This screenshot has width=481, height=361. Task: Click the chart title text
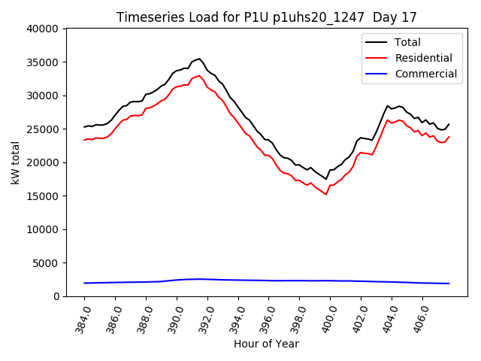click(x=266, y=17)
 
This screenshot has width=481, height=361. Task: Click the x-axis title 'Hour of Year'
click(x=266, y=344)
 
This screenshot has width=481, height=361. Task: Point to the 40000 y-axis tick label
click(x=43, y=29)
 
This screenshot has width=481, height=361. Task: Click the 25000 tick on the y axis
click(x=43, y=129)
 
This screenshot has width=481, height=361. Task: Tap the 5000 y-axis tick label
click(x=46, y=263)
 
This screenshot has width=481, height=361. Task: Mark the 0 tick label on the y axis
click(x=56, y=296)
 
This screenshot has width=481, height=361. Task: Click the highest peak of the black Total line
click(x=199, y=58)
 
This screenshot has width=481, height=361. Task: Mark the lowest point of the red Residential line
click(x=326, y=194)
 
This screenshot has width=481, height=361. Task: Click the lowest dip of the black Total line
click(x=326, y=178)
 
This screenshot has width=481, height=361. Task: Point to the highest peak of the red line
click(x=199, y=75)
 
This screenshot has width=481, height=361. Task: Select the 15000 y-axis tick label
click(x=43, y=196)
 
